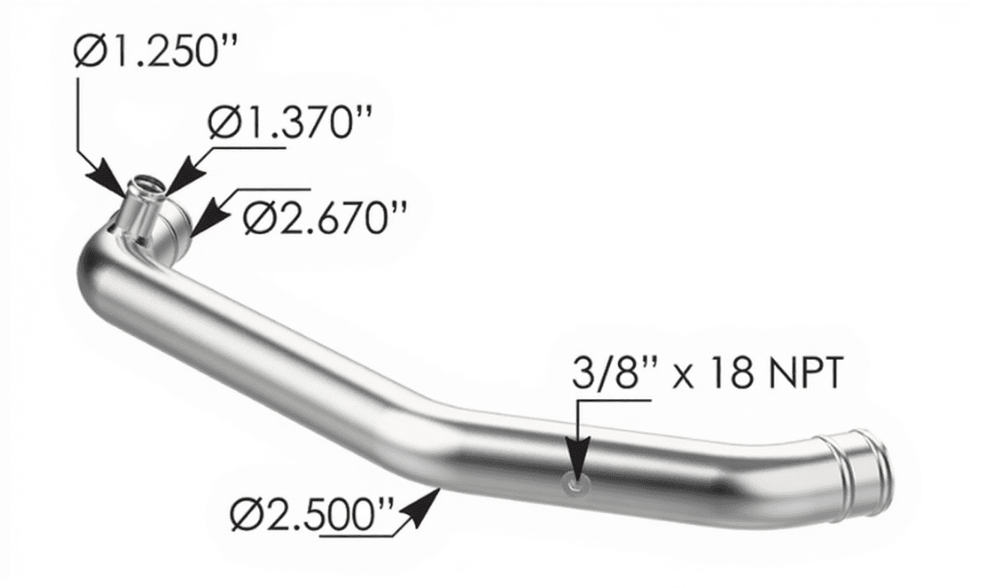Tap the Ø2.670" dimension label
325,217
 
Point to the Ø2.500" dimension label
312,515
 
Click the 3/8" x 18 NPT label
707,373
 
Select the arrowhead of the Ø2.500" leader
420,511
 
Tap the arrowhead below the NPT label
578,460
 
